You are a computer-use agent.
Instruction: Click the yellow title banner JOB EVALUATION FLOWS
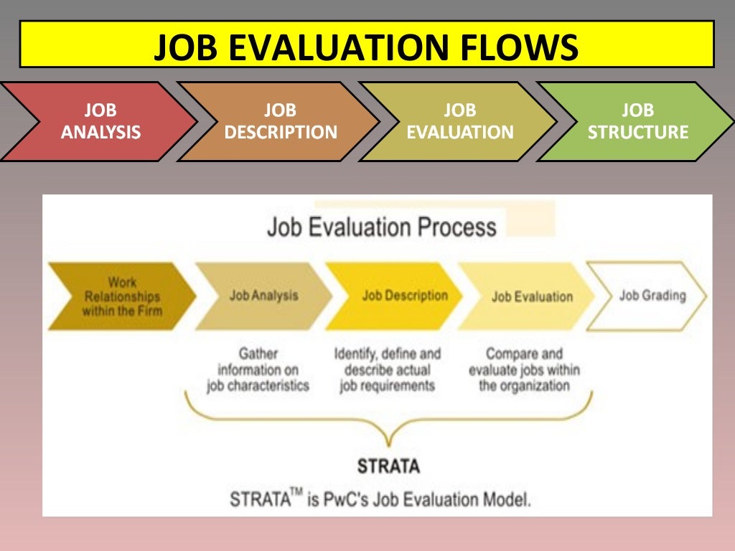pyautogui.click(x=366, y=44)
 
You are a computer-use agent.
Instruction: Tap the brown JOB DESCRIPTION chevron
pyautogui.click(x=280, y=121)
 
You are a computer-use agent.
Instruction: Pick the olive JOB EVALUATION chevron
pyautogui.click(x=459, y=121)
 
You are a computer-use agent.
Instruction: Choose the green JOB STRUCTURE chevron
pyautogui.click(x=637, y=121)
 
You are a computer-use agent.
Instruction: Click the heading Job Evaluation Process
pyautogui.click(x=381, y=227)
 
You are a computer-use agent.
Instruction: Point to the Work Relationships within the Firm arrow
pyautogui.click(x=121, y=296)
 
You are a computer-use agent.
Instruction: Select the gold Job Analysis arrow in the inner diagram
pyautogui.click(x=263, y=296)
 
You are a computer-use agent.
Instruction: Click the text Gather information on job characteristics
pyautogui.click(x=258, y=370)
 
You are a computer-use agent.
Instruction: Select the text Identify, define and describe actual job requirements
pyautogui.click(x=388, y=370)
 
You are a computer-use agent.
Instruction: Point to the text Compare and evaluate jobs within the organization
pyautogui.click(x=524, y=370)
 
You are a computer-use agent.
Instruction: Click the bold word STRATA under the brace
pyautogui.click(x=388, y=466)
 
